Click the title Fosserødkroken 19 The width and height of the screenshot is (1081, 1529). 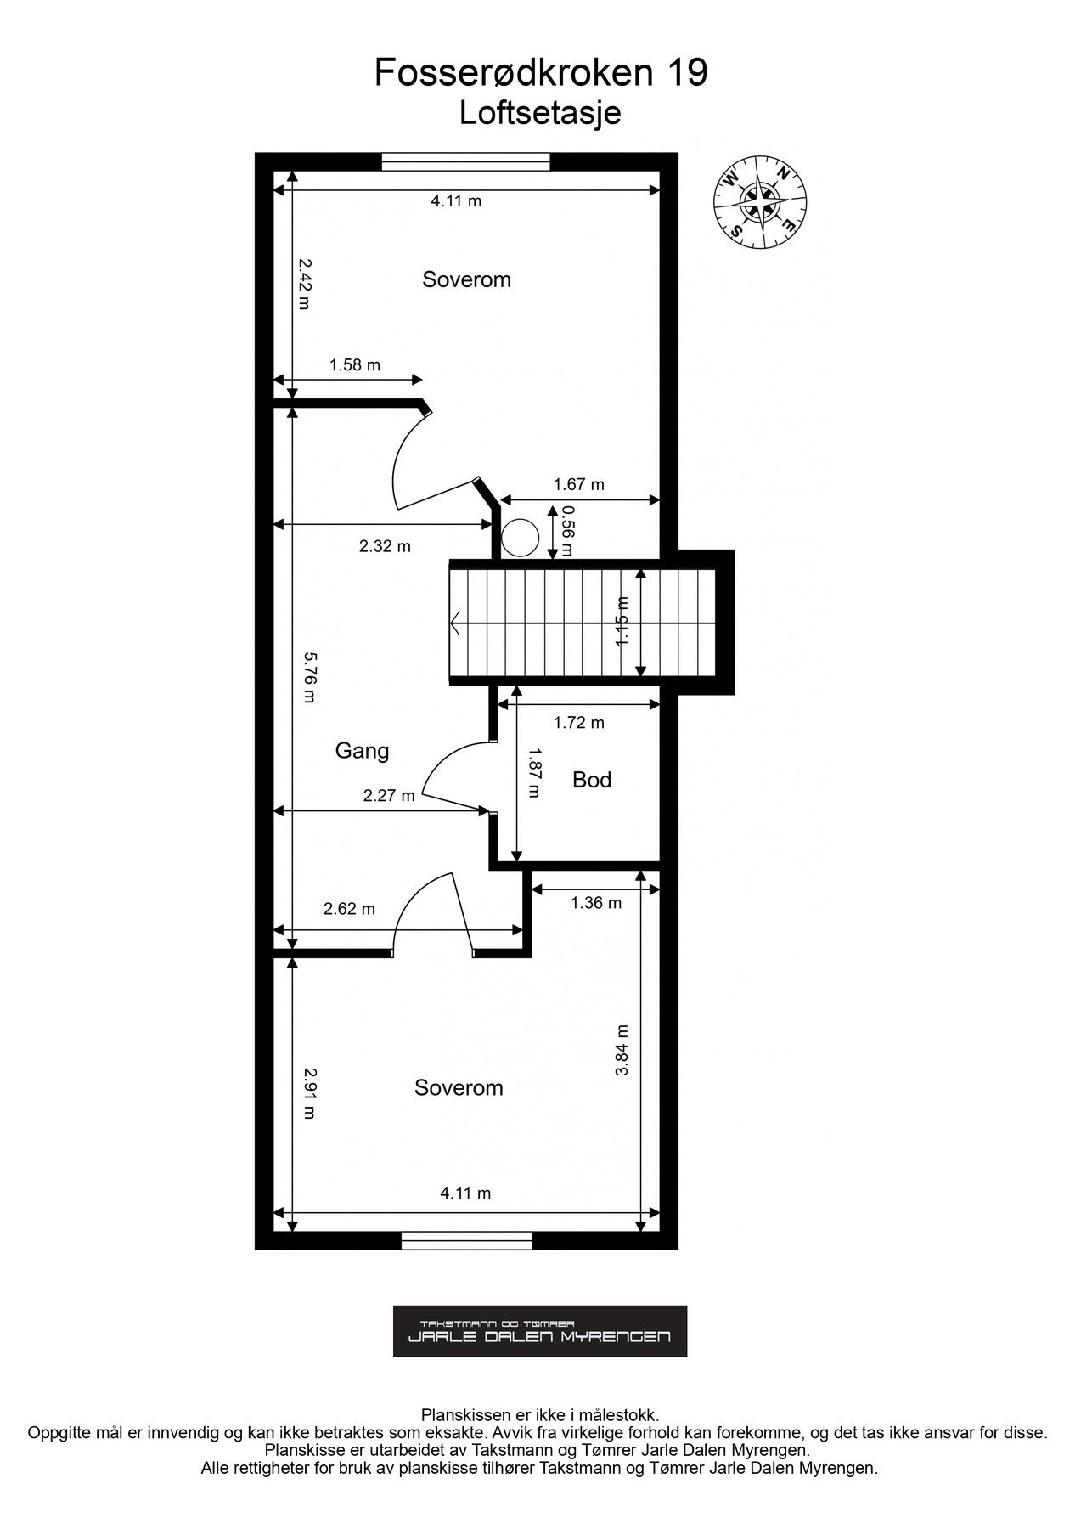pyautogui.click(x=541, y=74)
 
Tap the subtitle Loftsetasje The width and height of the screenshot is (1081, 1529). pyautogui.click(x=540, y=113)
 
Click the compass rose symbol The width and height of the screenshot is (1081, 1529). pyautogui.click(x=759, y=203)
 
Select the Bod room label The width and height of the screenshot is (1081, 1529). pyautogui.click(x=592, y=780)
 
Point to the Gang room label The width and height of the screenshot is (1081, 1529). pyautogui.click(x=362, y=751)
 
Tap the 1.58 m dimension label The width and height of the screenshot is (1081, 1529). pyautogui.click(x=355, y=365)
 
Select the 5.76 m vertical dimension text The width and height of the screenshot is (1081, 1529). pyautogui.click(x=309, y=677)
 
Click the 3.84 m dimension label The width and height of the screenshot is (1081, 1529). pyautogui.click(x=622, y=1051)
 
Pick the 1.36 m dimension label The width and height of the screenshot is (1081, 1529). pyautogui.click(x=595, y=903)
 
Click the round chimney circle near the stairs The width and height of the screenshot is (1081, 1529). pyautogui.click(x=519, y=538)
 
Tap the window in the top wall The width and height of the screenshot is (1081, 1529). pyautogui.click(x=465, y=161)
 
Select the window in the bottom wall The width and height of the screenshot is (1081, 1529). pyautogui.click(x=466, y=1241)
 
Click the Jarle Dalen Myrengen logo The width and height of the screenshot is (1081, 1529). pyautogui.click(x=540, y=1331)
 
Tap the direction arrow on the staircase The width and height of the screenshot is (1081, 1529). pyautogui.click(x=457, y=623)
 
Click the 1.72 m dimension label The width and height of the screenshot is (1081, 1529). pyautogui.click(x=578, y=723)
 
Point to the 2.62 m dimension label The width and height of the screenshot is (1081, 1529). pyautogui.click(x=349, y=909)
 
